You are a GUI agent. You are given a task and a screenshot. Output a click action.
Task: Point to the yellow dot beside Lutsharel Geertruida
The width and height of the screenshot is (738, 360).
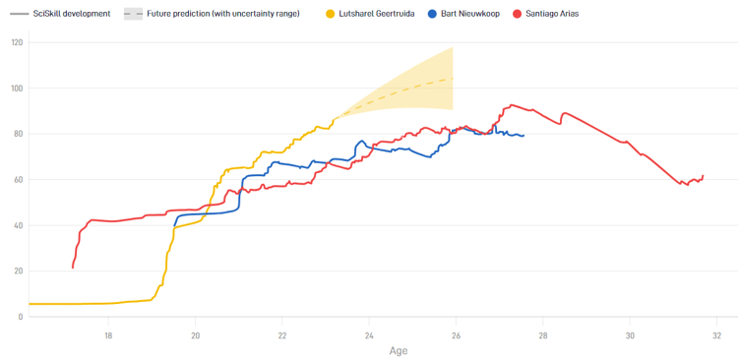[331, 14]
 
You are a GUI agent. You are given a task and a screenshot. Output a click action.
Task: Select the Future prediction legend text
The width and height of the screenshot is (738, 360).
[223, 14]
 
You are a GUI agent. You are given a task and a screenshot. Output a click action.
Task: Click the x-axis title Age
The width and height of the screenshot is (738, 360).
[398, 350]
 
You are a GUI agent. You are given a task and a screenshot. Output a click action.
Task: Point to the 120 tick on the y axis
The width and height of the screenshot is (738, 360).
[17, 43]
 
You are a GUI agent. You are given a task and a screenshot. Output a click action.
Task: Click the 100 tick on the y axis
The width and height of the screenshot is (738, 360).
[17, 89]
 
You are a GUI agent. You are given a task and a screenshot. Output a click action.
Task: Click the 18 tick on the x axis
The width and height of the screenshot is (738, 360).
[108, 332]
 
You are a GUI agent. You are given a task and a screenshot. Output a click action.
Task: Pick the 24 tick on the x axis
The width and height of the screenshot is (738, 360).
[369, 332]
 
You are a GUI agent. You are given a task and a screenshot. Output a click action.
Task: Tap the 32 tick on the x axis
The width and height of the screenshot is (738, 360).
[716, 332]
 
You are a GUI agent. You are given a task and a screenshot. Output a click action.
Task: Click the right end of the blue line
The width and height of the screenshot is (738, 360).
[524, 136]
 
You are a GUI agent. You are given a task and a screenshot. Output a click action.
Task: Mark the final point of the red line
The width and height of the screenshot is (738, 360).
[704, 175]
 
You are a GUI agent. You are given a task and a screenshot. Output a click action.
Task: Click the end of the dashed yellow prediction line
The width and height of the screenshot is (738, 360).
[453, 78]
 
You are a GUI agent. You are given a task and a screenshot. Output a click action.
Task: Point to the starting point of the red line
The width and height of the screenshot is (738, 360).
[73, 268]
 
